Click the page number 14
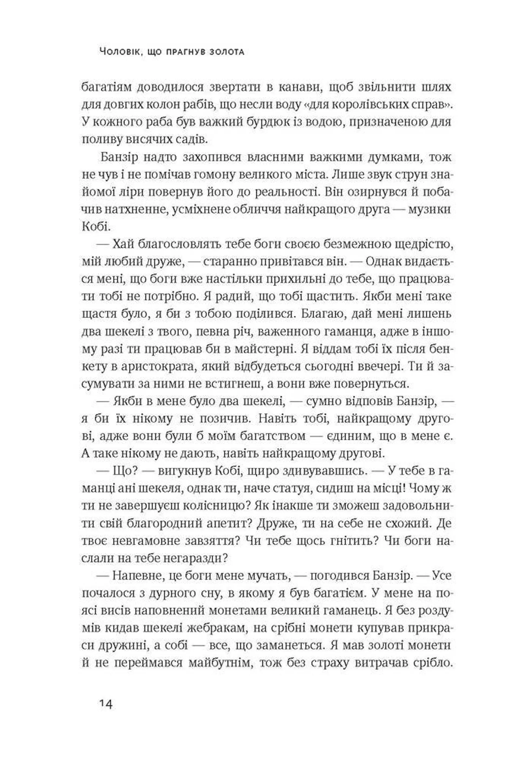click(x=106, y=704)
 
